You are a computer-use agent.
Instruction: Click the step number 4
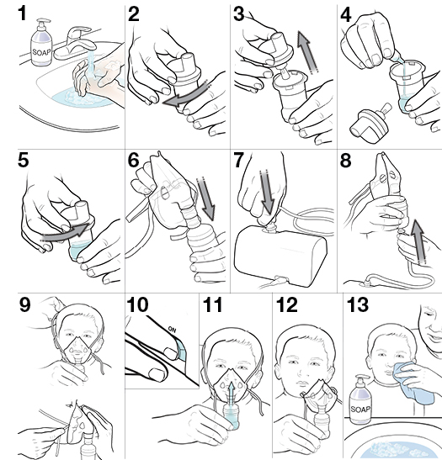[x=346, y=15]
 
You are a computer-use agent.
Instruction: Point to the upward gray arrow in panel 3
[x=308, y=52]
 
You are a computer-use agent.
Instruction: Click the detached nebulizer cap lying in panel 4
[x=370, y=123]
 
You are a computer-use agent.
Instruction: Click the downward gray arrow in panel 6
[x=206, y=203]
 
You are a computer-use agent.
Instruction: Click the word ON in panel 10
[x=172, y=330]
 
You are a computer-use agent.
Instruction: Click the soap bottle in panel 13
[x=360, y=399]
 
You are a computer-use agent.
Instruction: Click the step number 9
[x=24, y=304]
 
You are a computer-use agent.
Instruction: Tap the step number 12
[x=287, y=304]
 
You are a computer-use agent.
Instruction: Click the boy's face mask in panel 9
[x=77, y=351]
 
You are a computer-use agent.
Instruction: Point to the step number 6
[x=134, y=161]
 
